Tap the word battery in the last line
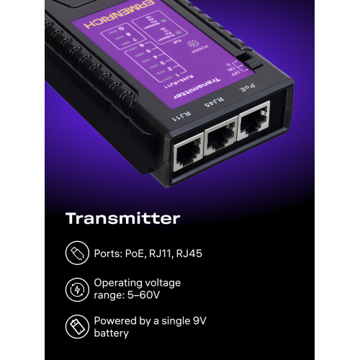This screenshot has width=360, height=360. [x=112, y=333]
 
